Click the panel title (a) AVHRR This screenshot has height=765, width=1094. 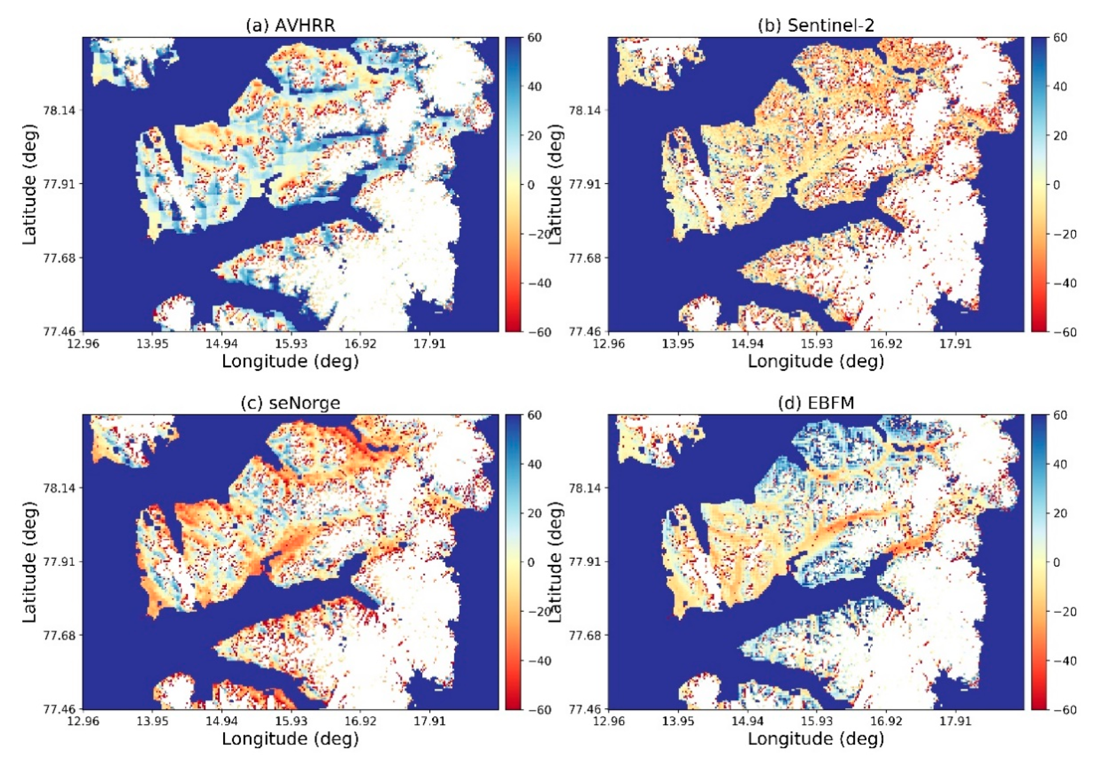(290, 25)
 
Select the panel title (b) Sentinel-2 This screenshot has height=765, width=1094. (816, 25)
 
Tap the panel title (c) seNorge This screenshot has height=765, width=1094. (290, 403)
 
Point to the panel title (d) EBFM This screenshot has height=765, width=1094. (816, 403)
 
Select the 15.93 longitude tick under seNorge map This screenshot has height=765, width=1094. (291, 721)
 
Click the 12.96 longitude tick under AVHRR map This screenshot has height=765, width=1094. (83, 343)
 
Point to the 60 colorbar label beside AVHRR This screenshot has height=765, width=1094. (534, 38)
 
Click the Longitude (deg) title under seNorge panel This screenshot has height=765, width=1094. (290, 739)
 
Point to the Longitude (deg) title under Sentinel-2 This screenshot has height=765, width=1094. (816, 361)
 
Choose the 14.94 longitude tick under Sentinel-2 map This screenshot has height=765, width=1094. (747, 343)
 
